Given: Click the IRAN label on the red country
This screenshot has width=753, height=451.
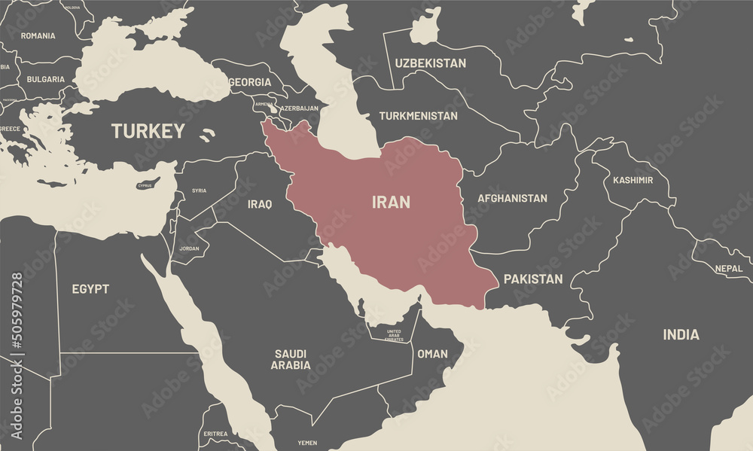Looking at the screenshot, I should coord(392,202).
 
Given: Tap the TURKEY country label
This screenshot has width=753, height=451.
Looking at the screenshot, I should coord(148,131).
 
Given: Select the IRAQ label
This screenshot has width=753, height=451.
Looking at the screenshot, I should coord(260,203).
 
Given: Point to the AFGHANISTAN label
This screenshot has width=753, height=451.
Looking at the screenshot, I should coord(512,199).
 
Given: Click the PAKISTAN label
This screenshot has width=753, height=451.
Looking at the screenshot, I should coord(533,279).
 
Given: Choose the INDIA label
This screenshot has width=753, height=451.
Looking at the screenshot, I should coord(681,334).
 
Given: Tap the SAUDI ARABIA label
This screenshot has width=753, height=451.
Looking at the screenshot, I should coord(291,359).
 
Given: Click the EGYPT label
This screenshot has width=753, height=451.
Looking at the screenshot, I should coord(90,288).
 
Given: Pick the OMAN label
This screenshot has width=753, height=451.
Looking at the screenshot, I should coord(432,353).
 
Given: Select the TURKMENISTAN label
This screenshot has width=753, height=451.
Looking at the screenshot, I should coord(418,116).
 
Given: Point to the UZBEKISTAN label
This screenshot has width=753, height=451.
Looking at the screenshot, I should coord(431,63).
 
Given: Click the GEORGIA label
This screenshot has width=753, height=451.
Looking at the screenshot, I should coord(249,82).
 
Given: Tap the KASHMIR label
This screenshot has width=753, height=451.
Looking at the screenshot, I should coord(633,180).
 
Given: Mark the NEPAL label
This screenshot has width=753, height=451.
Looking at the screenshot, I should coord(728,268).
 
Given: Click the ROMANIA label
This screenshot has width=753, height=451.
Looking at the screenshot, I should coord(38,35).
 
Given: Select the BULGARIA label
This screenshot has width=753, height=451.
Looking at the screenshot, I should coord(45,79).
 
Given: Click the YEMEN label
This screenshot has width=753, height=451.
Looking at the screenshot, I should coord(307,443).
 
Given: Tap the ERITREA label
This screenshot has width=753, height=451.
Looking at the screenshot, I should coord(215,434).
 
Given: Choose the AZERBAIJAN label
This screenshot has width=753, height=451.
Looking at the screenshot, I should coord(300,108).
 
